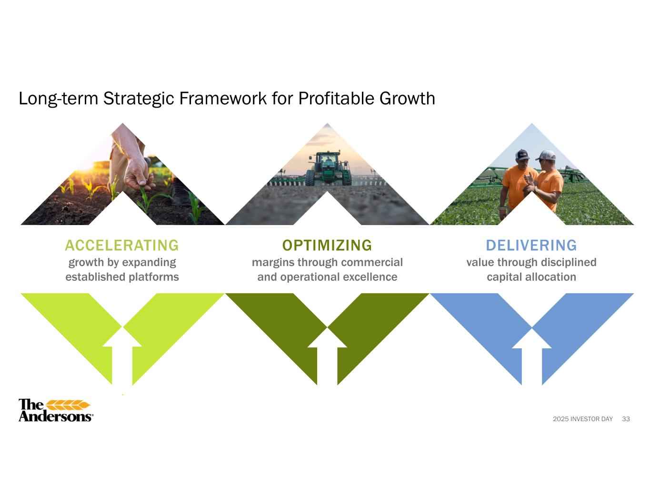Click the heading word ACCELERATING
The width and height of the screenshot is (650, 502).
pyautogui.click(x=122, y=246)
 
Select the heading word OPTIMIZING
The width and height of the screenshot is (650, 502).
pyautogui.click(x=327, y=246)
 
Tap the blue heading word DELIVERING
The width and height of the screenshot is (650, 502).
pyautogui.click(x=531, y=246)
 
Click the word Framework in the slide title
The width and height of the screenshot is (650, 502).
pyautogui.click(x=223, y=98)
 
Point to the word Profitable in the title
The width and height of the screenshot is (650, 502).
pyautogui.click(x=336, y=98)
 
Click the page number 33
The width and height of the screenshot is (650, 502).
pyautogui.click(x=626, y=419)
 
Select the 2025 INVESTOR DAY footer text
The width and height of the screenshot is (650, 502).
pyautogui.click(x=583, y=419)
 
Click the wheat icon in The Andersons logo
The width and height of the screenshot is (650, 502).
pyautogui.click(x=68, y=405)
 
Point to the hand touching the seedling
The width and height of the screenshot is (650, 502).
pyautogui.click(x=139, y=173)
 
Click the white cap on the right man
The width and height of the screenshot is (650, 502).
pyautogui.click(x=546, y=155)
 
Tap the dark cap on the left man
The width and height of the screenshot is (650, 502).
pyautogui.click(x=522, y=154)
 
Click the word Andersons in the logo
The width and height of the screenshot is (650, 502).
pyautogui.click(x=55, y=416)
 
